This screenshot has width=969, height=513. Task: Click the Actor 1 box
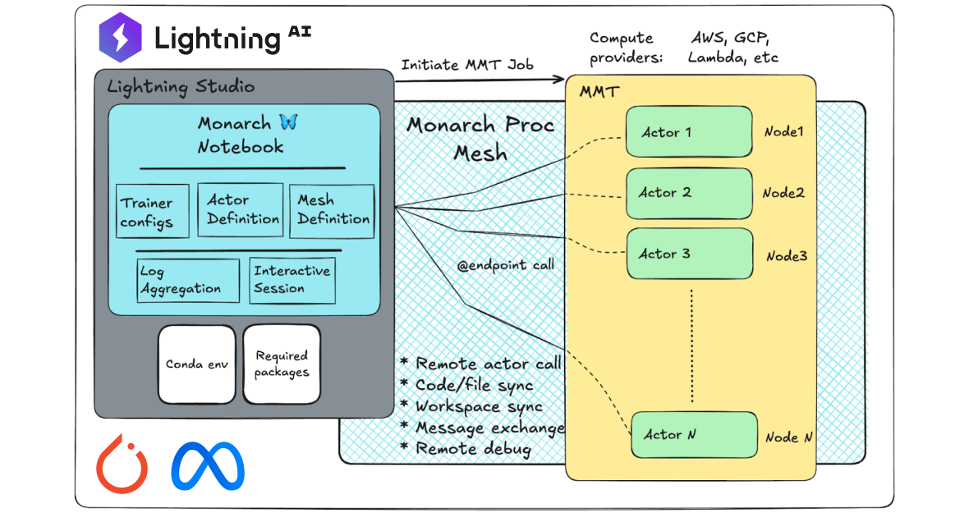tap(688, 131)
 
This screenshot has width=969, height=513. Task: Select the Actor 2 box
tap(688, 193)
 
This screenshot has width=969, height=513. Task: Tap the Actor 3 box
tap(688, 254)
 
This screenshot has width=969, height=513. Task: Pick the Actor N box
tap(693, 434)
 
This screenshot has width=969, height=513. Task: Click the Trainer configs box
tap(153, 211)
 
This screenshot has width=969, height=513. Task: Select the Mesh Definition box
tap(332, 210)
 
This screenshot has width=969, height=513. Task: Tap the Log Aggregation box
tap(188, 281)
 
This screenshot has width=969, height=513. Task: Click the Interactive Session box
tap(292, 280)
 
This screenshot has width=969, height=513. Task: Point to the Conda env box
tap(196, 364)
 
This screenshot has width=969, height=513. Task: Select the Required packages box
tap(281, 364)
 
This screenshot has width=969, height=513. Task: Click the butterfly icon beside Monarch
tap(288, 122)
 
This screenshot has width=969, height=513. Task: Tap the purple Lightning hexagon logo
tap(121, 38)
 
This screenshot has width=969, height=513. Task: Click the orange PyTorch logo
tap(122, 465)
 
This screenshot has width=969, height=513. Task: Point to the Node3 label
tap(787, 256)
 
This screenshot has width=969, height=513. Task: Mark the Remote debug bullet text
tap(472, 449)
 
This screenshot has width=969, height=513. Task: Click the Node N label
tap(788, 437)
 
